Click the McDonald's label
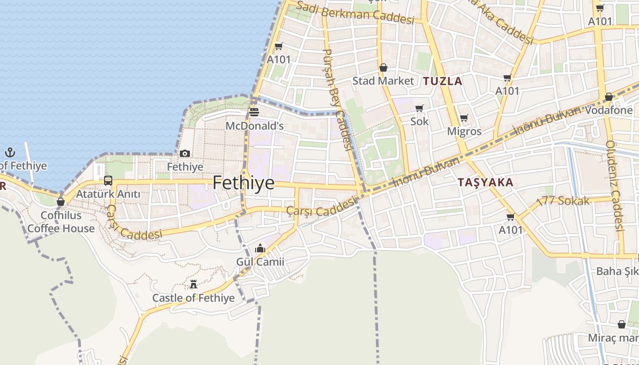[255, 125]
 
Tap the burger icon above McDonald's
[254, 112]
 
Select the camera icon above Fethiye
[185, 153]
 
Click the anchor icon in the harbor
[10, 152]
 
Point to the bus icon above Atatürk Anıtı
[108, 180]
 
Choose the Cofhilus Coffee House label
[61, 222]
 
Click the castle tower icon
[194, 284]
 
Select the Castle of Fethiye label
[194, 298]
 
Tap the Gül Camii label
[260, 262]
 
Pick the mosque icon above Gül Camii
[260, 249]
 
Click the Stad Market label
[383, 81]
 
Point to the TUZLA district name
[443, 82]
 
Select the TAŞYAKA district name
[486, 182]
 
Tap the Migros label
[464, 131]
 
